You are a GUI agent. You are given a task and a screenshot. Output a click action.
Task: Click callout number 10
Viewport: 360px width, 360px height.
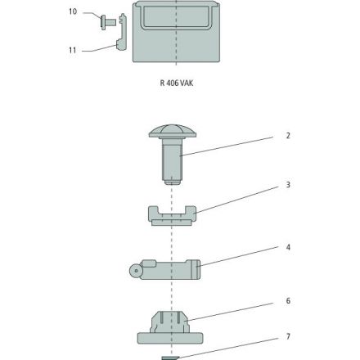tap(73, 11)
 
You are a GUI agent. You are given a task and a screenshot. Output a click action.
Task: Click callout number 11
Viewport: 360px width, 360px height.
tap(73, 50)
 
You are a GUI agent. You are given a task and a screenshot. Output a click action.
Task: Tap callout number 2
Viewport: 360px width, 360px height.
tap(288, 136)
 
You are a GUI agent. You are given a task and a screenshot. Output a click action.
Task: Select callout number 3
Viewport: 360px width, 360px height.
tap(288, 185)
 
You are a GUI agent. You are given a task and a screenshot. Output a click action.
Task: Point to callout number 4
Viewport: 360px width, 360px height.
tap(288, 247)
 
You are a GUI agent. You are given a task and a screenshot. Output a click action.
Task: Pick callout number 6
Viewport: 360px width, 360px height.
tap(288, 301)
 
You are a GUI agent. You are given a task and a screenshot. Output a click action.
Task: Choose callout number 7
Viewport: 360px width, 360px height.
tap(288, 336)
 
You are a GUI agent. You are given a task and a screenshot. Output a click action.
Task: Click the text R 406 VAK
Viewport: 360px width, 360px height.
tap(177, 83)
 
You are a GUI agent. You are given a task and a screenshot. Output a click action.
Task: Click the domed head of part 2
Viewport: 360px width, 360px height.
tap(173, 132)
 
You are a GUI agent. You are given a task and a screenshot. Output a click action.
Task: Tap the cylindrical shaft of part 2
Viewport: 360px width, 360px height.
tap(172, 161)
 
